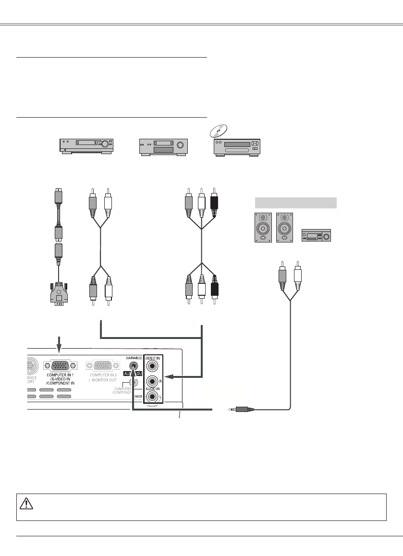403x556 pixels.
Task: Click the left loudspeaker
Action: pos(262,227)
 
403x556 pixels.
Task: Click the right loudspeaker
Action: pos(284,227)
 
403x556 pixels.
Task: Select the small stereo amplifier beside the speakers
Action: pos(316,235)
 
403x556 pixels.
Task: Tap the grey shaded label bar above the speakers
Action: pos(295,202)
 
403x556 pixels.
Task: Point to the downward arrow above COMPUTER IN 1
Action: pos(60,344)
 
